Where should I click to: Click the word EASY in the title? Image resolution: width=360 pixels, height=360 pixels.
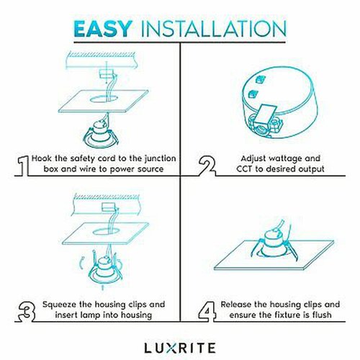click(x=103, y=29)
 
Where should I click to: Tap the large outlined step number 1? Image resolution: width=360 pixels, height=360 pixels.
click(x=23, y=166)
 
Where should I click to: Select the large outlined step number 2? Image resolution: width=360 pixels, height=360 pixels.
click(x=207, y=166)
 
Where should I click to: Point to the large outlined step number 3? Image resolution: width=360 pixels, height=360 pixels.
click(x=27, y=312)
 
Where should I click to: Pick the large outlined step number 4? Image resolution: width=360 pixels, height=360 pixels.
click(x=207, y=312)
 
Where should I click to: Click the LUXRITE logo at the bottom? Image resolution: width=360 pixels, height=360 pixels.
click(x=180, y=348)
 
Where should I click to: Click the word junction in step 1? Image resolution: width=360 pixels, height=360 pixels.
click(x=161, y=159)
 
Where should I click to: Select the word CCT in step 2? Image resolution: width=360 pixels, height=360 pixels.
click(x=245, y=168)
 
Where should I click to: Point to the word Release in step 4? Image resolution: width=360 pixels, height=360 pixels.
click(x=236, y=305)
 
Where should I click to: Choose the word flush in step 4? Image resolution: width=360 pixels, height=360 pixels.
click(x=322, y=315)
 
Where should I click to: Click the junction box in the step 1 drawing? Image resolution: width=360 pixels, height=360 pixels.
click(x=107, y=73)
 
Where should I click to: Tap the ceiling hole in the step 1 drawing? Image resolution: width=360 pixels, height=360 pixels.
click(x=104, y=99)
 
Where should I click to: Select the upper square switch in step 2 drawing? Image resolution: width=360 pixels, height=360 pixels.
click(x=260, y=80)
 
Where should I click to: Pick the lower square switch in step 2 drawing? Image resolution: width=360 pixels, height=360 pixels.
click(x=253, y=94)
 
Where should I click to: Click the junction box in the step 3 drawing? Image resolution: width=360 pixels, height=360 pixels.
click(x=109, y=207)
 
